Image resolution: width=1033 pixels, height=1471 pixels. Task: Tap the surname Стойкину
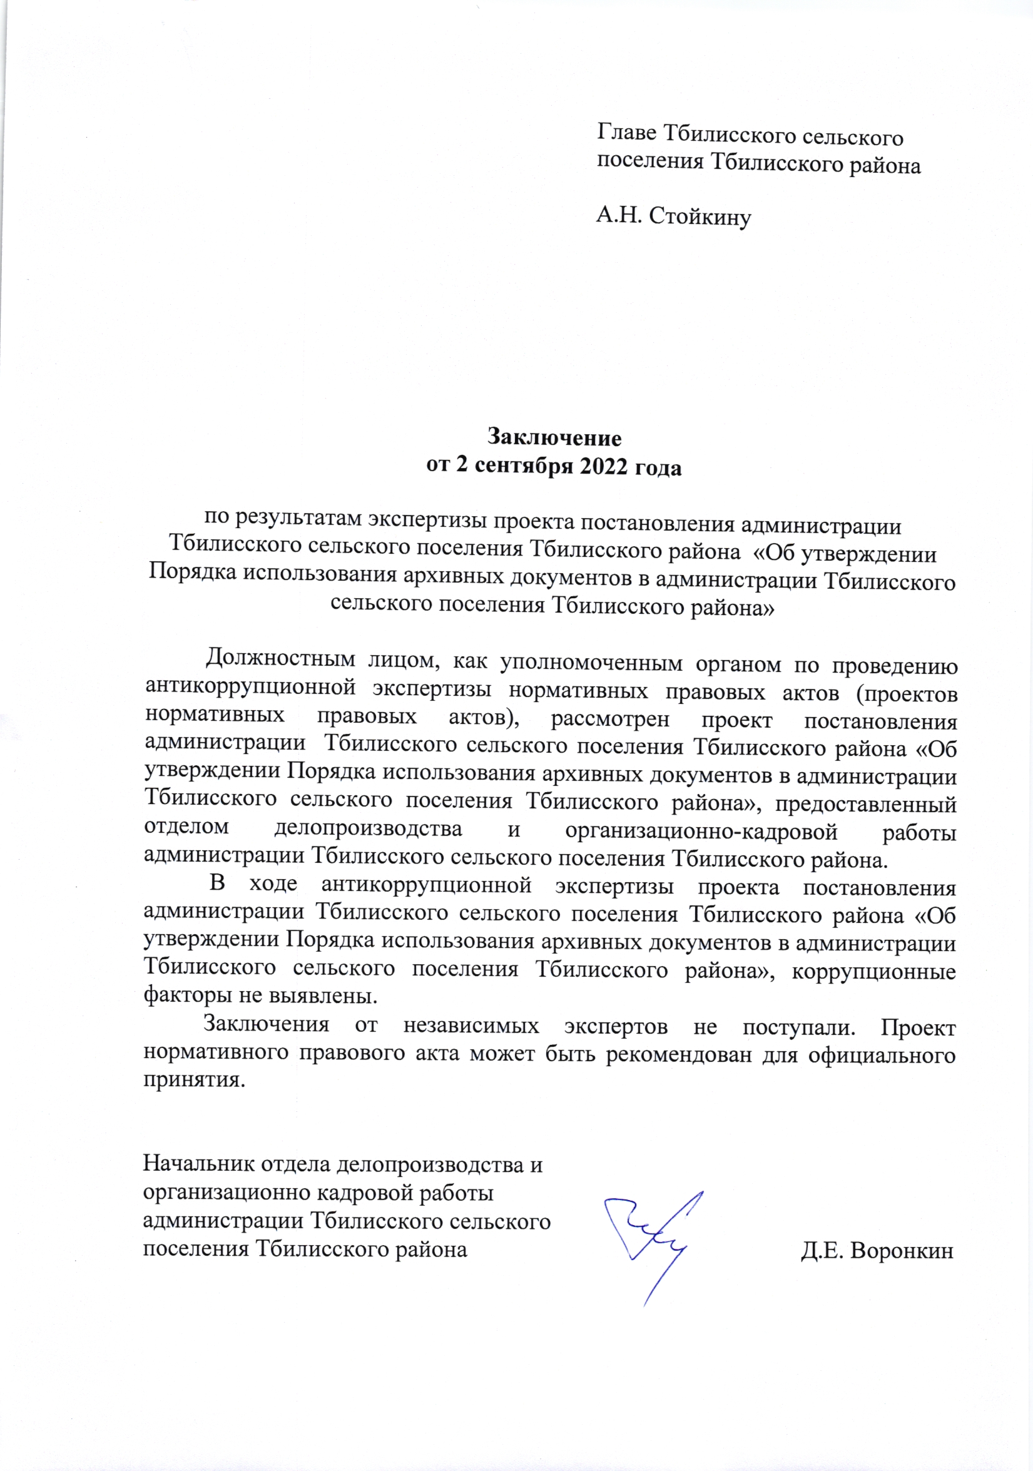click(700, 216)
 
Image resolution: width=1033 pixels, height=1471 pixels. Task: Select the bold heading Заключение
click(554, 437)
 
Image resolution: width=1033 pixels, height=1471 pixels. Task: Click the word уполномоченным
click(591, 663)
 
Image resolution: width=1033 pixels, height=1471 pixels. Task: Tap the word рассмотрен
click(610, 720)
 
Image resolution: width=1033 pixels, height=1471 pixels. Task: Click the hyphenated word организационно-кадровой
click(701, 832)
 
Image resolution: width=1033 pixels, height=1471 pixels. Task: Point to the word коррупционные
click(873, 971)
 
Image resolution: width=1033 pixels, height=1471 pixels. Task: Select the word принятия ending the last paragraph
click(193, 1080)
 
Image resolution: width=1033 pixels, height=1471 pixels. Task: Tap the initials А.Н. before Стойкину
click(618, 216)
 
